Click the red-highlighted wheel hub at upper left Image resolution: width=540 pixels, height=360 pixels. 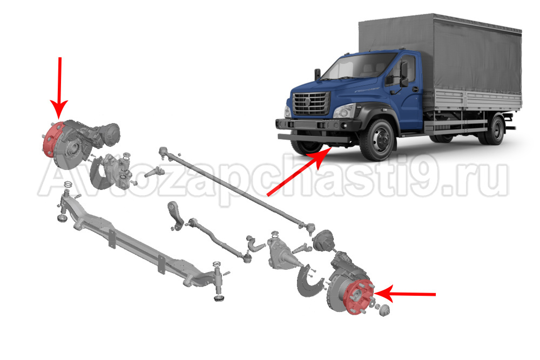click(52, 139)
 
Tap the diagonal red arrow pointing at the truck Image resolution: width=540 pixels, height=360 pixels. click(299, 172)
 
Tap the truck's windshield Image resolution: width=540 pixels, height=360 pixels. click(360, 65)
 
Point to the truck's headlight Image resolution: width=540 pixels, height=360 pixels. click(345, 111)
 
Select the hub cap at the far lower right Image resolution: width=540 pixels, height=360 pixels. click(384, 310)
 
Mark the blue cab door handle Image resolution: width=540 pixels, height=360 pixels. click(415, 90)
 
